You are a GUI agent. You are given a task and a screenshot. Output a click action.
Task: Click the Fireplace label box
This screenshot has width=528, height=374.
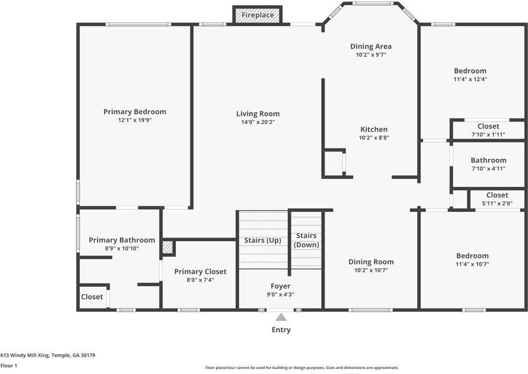click(258, 15)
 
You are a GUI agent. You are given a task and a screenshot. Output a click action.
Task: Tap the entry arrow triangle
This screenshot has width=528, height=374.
click(281, 317)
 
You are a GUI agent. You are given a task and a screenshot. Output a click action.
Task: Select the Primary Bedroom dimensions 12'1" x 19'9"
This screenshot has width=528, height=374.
click(135, 120)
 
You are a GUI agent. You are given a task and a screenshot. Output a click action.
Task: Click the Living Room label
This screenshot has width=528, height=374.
click(258, 113)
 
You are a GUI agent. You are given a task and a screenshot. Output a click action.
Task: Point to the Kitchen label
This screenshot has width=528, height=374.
click(374, 129)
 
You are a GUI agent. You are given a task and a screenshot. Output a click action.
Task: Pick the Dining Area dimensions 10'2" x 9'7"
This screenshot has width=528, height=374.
click(371, 55)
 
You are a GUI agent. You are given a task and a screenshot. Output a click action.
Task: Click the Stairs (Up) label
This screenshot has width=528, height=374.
click(263, 240)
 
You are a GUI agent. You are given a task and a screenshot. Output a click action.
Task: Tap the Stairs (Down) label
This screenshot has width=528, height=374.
click(306, 240)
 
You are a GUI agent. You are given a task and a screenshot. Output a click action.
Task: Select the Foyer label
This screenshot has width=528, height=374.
click(280, 286)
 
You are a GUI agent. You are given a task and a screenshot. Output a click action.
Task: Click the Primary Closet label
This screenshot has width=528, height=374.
click(200, 271)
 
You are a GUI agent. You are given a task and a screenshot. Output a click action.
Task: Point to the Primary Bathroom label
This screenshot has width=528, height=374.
click(122, 240)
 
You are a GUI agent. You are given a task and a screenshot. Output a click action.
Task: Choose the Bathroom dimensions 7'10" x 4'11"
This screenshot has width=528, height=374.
click(488, 168)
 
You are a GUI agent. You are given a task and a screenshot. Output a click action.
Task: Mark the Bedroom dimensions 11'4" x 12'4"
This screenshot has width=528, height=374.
click(470, 79)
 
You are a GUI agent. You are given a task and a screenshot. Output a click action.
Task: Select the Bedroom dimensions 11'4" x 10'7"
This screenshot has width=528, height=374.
click(472, 264)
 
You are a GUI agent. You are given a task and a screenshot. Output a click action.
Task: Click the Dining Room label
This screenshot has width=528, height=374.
click(371, 262)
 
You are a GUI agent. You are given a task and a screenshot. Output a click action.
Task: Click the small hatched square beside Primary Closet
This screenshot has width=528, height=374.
click(168, 247)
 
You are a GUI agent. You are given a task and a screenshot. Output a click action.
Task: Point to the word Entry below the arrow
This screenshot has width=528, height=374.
click(281, 330)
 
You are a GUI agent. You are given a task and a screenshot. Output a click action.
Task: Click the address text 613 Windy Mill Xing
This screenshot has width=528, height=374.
click(25, 355)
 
